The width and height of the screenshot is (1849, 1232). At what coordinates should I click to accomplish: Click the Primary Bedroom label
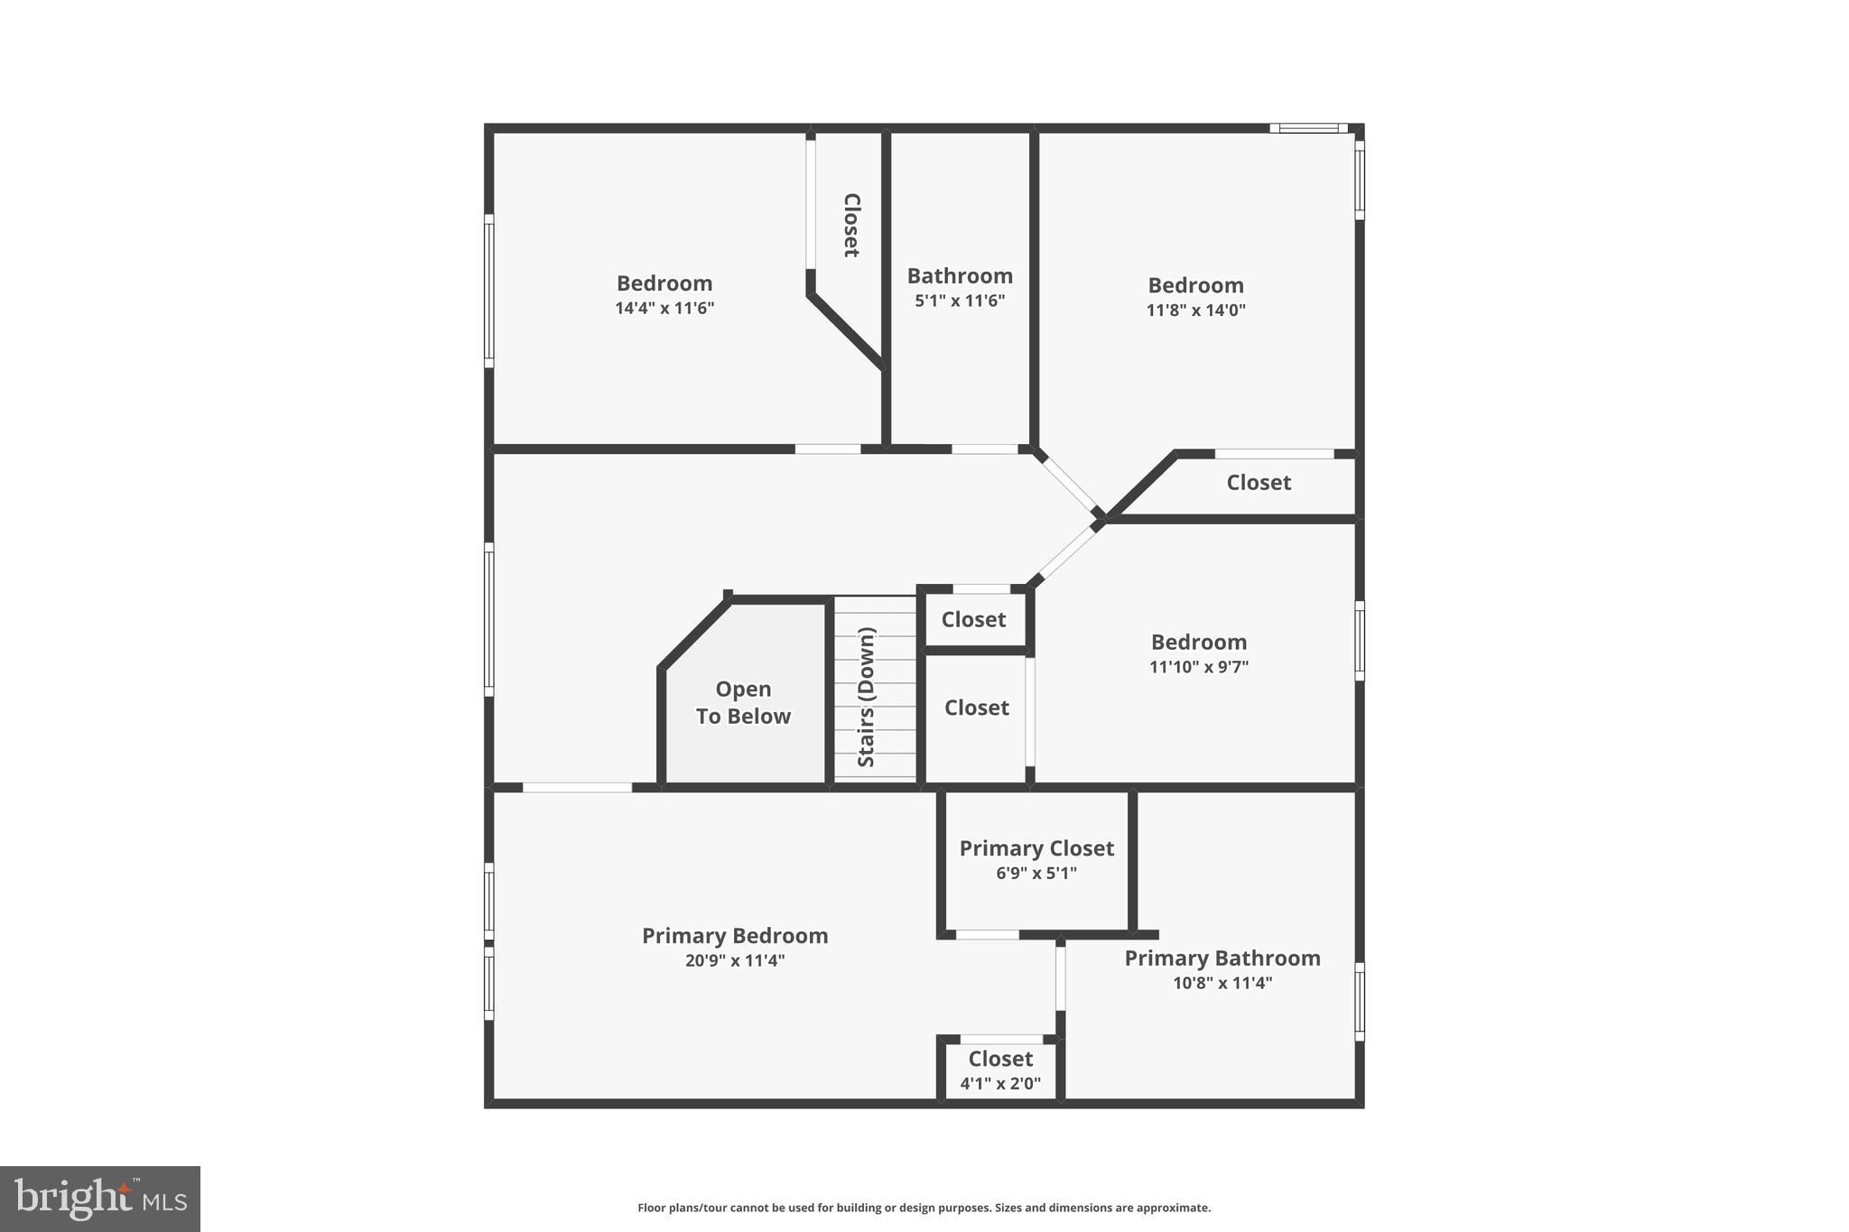pos(734,936)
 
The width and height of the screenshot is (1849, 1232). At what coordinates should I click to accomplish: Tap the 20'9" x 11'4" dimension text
pos(734,960)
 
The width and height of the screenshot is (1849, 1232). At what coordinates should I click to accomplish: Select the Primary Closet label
pos(1036,848)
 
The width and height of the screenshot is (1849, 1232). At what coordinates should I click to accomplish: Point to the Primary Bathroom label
pos(1222,959)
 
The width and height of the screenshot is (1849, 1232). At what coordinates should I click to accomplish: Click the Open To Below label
pos(743,702)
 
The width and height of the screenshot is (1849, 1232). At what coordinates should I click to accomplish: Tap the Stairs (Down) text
pos(867,697)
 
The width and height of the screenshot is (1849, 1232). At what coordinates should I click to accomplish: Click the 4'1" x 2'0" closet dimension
pos(1000,1083)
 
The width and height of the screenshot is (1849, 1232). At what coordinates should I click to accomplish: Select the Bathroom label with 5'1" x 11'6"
pos(960,276)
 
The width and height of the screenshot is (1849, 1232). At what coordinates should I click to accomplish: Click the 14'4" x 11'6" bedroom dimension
pos(664,308)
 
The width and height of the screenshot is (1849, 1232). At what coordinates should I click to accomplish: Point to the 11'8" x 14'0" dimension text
pos(1195,310)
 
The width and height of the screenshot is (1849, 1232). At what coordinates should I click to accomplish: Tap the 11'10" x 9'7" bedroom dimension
pos(1198,667)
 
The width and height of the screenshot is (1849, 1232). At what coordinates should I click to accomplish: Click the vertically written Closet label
pos(850,225)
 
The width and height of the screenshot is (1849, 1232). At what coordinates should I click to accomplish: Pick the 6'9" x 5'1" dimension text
pos(1036,873)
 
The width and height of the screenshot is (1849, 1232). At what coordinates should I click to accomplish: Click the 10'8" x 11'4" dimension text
pos(1222,983)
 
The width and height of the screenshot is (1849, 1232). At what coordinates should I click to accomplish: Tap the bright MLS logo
pos(100,1199)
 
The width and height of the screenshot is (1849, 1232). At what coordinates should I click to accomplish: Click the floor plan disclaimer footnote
pos(924,1208)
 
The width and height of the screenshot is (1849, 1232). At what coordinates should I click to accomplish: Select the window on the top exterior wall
pos(1308,128)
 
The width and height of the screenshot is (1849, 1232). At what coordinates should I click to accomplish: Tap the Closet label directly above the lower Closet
pos(973,620)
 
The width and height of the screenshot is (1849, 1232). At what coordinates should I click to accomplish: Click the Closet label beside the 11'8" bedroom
pos(1258,483)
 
